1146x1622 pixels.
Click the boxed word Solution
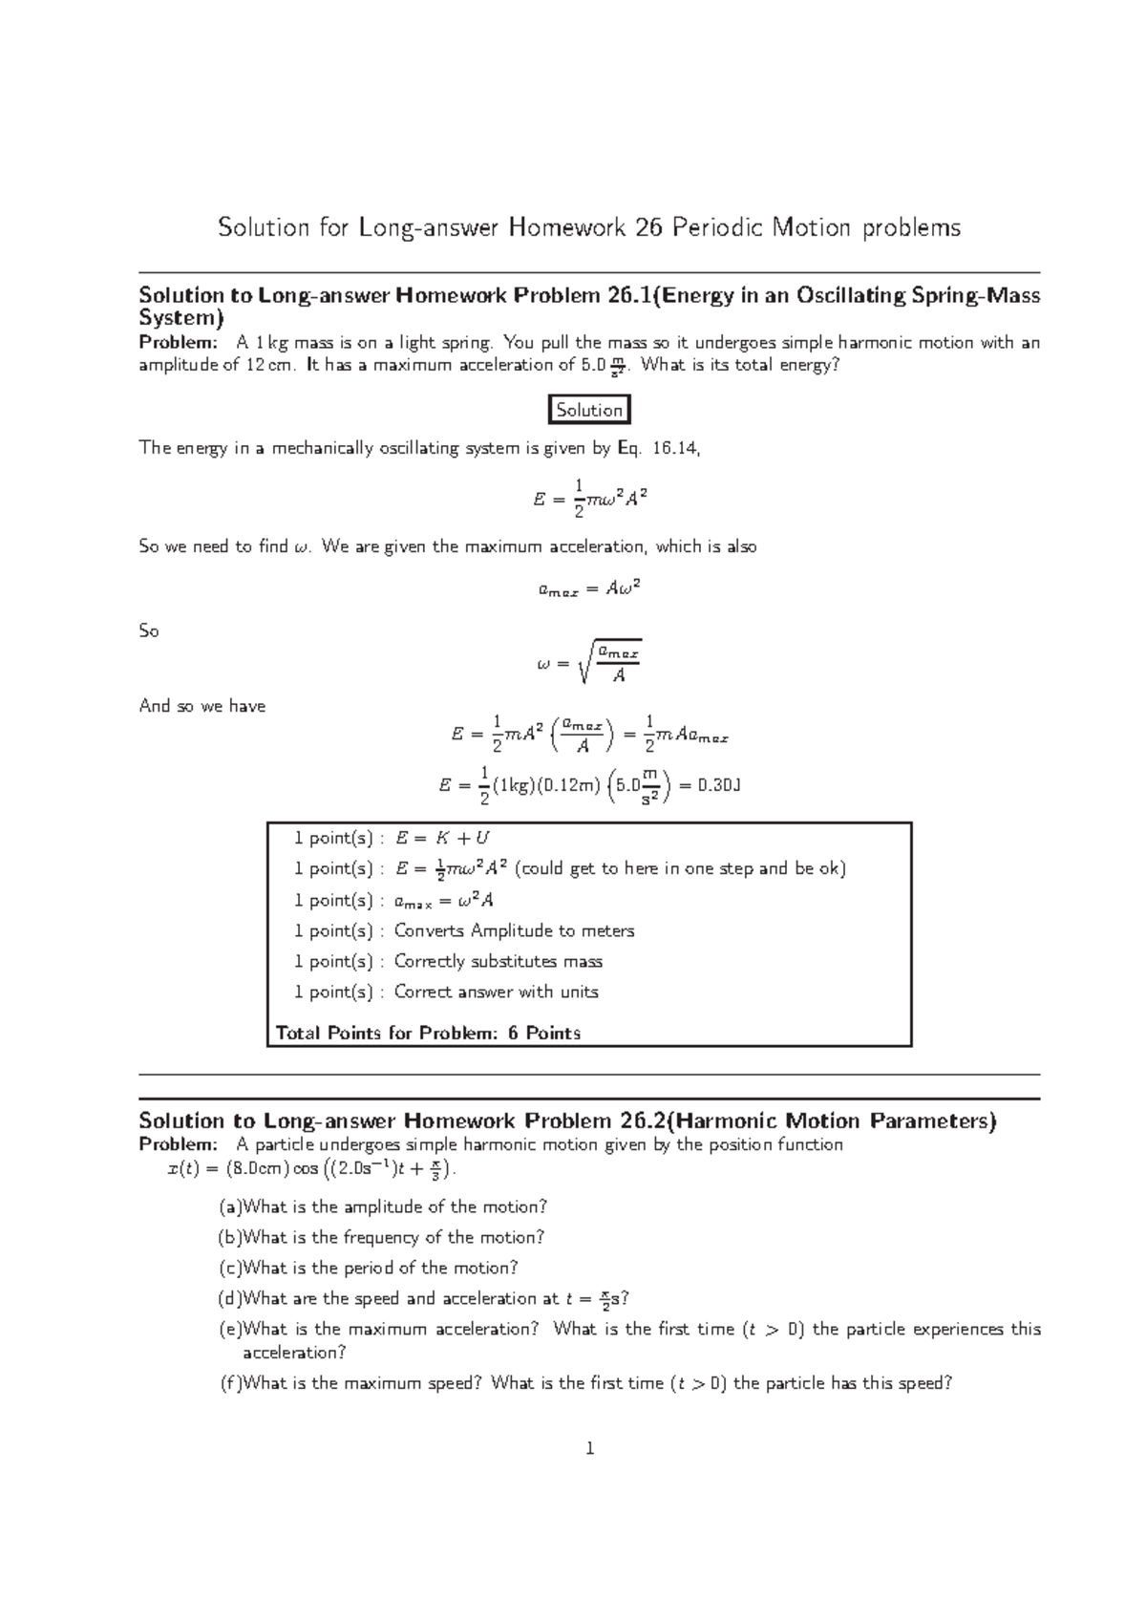589,410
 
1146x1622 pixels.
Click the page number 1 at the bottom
589,1449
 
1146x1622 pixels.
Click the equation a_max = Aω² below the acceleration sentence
589,589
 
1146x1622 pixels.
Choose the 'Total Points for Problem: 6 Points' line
428,1033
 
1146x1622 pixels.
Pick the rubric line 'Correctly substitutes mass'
498,961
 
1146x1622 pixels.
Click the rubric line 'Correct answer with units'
496,992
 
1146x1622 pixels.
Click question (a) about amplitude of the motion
383,1206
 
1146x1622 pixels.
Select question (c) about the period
369,1268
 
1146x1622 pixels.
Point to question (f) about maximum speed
585,1383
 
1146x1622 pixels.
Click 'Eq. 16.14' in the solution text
657,448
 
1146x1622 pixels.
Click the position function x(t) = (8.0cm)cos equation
305,1168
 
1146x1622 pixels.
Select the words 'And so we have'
202,706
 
